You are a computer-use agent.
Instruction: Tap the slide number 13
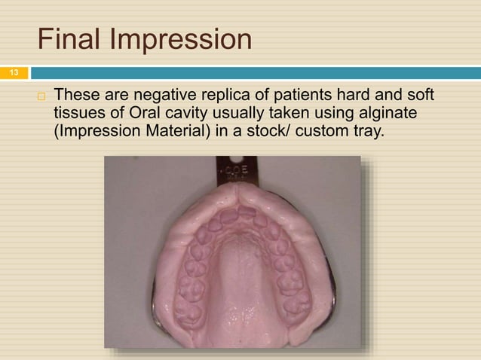pyautogui.click(x=13, y=73)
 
